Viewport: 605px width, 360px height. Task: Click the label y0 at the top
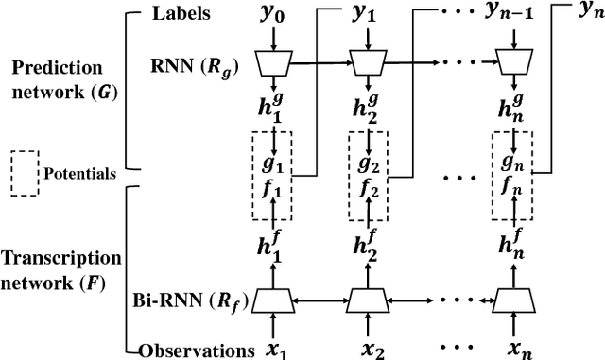[271, 14]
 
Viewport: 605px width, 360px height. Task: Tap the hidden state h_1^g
[271, 104]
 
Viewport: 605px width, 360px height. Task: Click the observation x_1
[271, 348]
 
